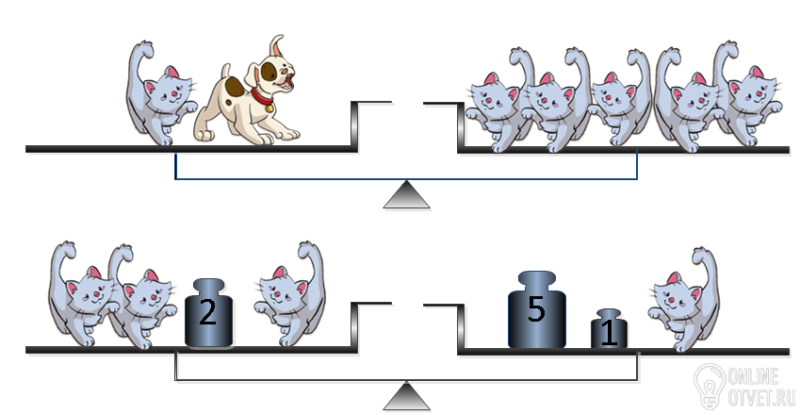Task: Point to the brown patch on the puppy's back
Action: pyautogui.click(x=235, y=86)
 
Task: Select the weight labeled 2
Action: pyautogui.click(x=208, y=313)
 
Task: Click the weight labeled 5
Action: pyautogui.click(x=537, y=310)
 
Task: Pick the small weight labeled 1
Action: pyautogui.click(x=609, y=329)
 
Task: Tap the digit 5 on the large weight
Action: pyautogui.click(x=536, y=308)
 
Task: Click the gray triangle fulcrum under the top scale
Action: pyautogui.click(x=407, y=194)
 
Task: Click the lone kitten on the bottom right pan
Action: pyautogui.click(x=684, y=300)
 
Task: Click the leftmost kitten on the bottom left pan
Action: pyautogui.click(x=82, y=293)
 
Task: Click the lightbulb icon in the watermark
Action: pyautogui.click(x=710, y=386)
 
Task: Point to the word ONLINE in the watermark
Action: pyautogui.click(x=753, y=376)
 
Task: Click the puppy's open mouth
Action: pyautogui.click(x=288, y=82)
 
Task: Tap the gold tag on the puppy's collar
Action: pyautogui.click(x=269, y=108)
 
